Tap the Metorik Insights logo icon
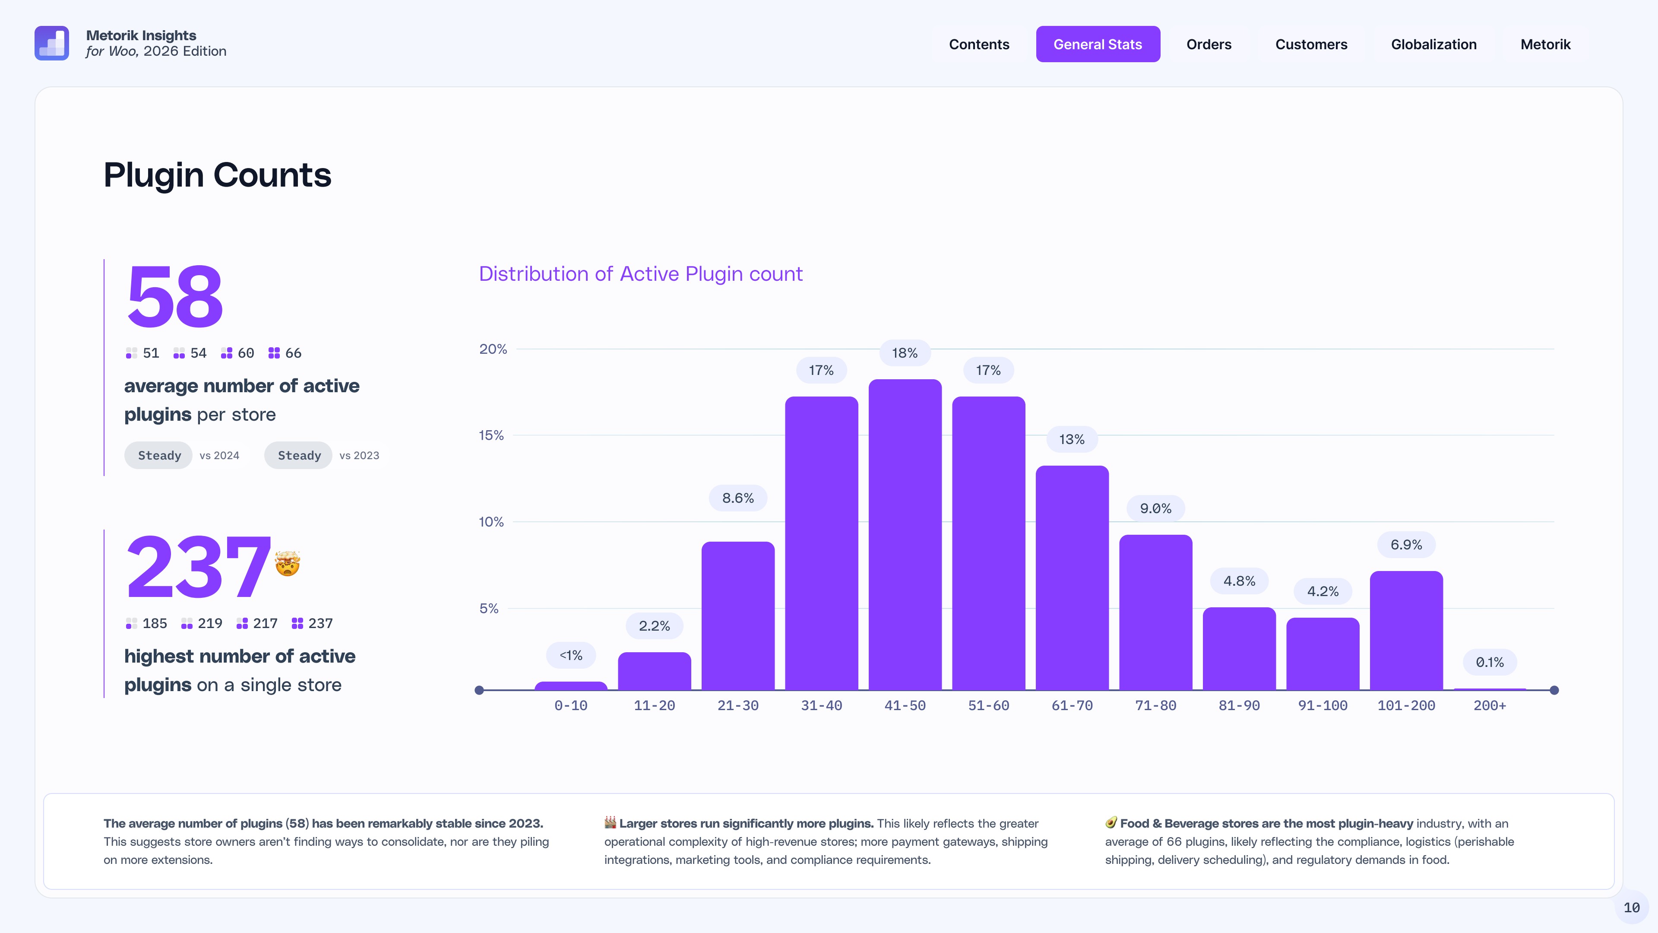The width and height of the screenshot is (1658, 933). click(x=51, y=43)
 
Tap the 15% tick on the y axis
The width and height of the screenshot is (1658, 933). click(x=491, y=435)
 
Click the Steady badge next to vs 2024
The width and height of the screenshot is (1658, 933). click(x=159, y=455)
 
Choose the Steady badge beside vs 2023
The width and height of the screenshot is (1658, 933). click(x=299, y=455)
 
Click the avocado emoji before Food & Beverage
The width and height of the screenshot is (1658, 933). click(x=1111, y=822)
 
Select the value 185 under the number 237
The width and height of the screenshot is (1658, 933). click(x=155, y=623)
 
